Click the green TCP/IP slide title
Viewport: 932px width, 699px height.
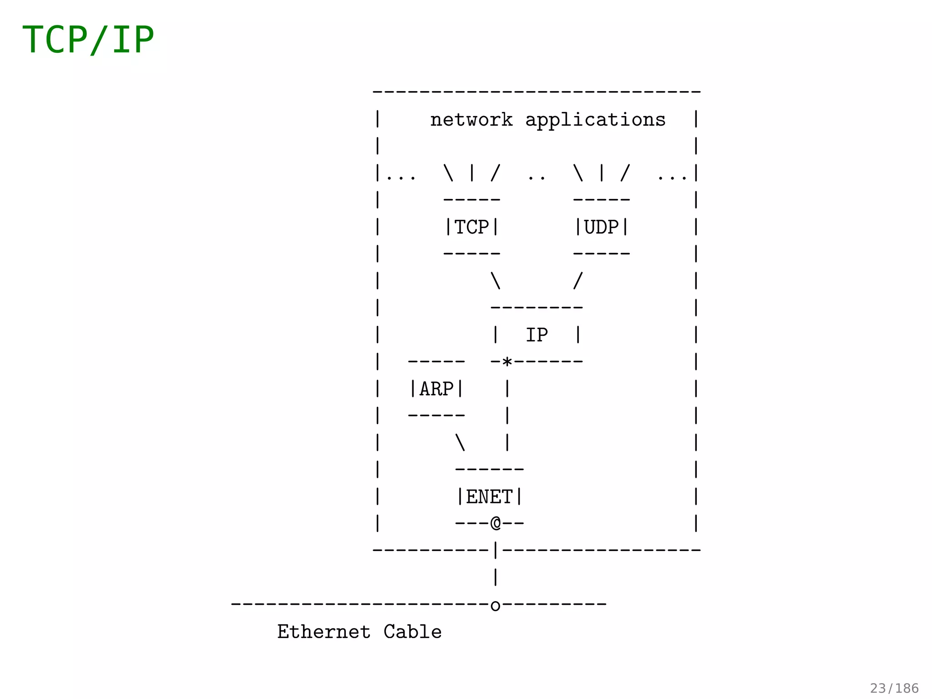pyautogui.click(x=88, y=40)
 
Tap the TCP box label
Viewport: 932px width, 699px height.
pyautogui.click(x=472, y=227)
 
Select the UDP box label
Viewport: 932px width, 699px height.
pyautogui.click(x=602, y=227)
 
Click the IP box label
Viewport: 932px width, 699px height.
pyautogui.click(x=537, y=335)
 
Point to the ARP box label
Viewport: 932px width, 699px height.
pyautogui.click(x=436, y=389)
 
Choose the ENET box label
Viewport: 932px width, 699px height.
pyautogui.click(x=489, y=497)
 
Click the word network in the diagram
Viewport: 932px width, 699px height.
pyautogui.click(x=471, y=120)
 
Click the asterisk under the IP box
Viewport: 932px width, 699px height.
pyautogui.click(x=507, y=363)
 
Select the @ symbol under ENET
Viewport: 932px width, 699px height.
pyautogui.click(x=496, y=523)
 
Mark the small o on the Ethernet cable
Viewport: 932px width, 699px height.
pyautogui.click(x=496, y=606)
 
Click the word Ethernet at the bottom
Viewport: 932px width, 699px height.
pyautogui.click(x=324, y=632)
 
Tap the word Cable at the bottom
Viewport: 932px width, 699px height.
pyautogui.click(x=412, y=632)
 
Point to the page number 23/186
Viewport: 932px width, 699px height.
pyautogui.click(x=894, y=688)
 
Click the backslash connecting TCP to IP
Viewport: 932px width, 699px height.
pyautogui.click(x=496, y=281)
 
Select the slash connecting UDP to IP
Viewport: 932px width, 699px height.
pyautogui.click(x=578, y=281)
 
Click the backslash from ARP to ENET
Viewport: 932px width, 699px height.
pyautogui.click(x=460, y=442)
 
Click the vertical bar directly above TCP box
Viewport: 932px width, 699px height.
pyautogui.click(x=472, y=173)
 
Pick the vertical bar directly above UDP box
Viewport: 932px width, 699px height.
pyautogui.click(x=602, y=173)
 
